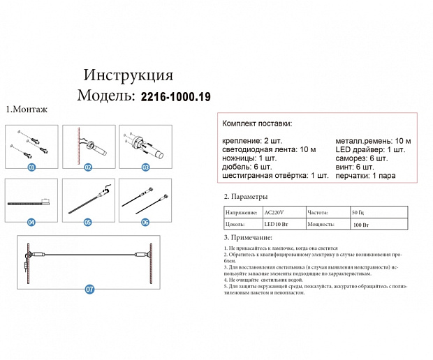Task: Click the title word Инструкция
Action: tap(128, 75)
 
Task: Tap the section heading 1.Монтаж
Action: tap(27, 110)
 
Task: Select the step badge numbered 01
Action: tap(31, 168)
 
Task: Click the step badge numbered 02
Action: tap(88, 168)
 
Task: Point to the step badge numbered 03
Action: tap(145, 168)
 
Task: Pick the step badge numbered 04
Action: tap(31, 223)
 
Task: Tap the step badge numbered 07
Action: tap(89, 288)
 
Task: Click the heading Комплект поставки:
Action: tap(257, 123)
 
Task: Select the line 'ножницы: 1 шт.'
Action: tap(249, 158)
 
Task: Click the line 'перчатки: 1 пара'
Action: tap(365, 175)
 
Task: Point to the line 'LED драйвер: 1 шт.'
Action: tap(370, 150)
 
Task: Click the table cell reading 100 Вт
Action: tap(361, 225)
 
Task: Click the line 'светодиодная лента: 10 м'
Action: tap(269, 150)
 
